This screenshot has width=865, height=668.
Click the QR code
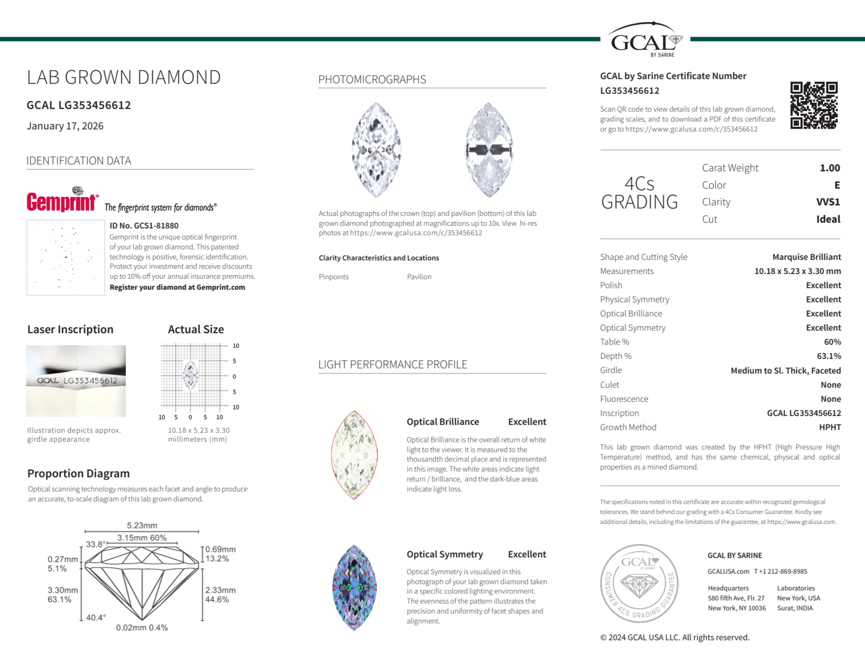[x=814, y=105]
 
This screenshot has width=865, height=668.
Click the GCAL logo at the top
[x=645, y=40]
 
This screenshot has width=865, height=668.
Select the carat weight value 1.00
[x=830, y=168]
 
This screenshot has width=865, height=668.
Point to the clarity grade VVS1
[x=828, y=202]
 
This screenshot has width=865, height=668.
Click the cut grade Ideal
[x=828, y=219]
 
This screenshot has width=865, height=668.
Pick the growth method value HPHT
[x=830, y=427]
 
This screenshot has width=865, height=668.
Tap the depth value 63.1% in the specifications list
[x=829, y=356]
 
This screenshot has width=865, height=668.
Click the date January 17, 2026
[x=65, y=126]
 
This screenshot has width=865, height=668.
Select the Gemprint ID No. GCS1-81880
[x=144, y=226]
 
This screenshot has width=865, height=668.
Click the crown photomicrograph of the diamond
[x=376, y=150]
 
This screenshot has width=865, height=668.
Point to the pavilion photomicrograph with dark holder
[x=488, y=150]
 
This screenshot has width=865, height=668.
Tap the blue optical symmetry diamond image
[x=354, y=588]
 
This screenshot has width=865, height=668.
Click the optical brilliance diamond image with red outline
[x=354, y=455]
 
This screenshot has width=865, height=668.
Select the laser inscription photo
[x=76, y=381]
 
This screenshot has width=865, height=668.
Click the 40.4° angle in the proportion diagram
[x=96, y=617]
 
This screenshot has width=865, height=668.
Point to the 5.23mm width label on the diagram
[x=142, y=525]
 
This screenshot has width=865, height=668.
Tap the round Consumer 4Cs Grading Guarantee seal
[x=639, y=583]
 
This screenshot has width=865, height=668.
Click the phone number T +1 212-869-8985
[x=781, y=571]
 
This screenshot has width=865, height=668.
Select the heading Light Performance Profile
[x=393, y=365]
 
